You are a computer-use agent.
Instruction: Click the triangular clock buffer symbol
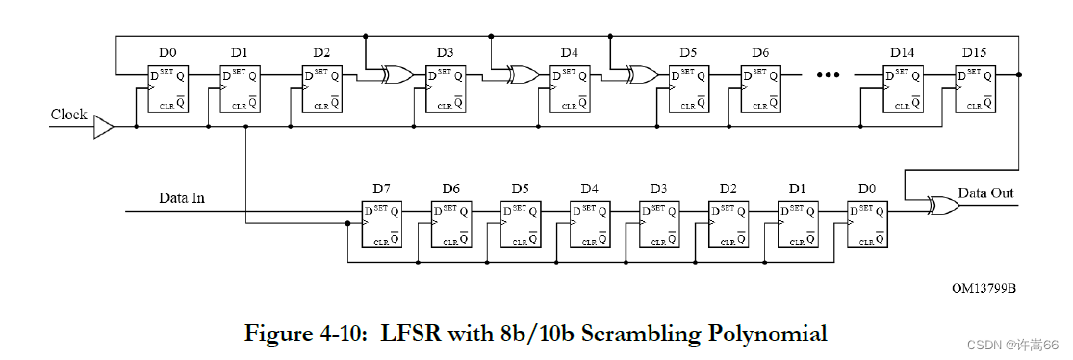[x=103, y=127]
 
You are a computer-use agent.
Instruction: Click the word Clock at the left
[x=69, y=115]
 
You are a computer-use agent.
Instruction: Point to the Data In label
[x=182, y=199]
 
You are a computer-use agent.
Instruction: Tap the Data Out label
[x=985, y=193]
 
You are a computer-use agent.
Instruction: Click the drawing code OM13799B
[x=984, y=286]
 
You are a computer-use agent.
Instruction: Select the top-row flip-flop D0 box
[x=168, y=89]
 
